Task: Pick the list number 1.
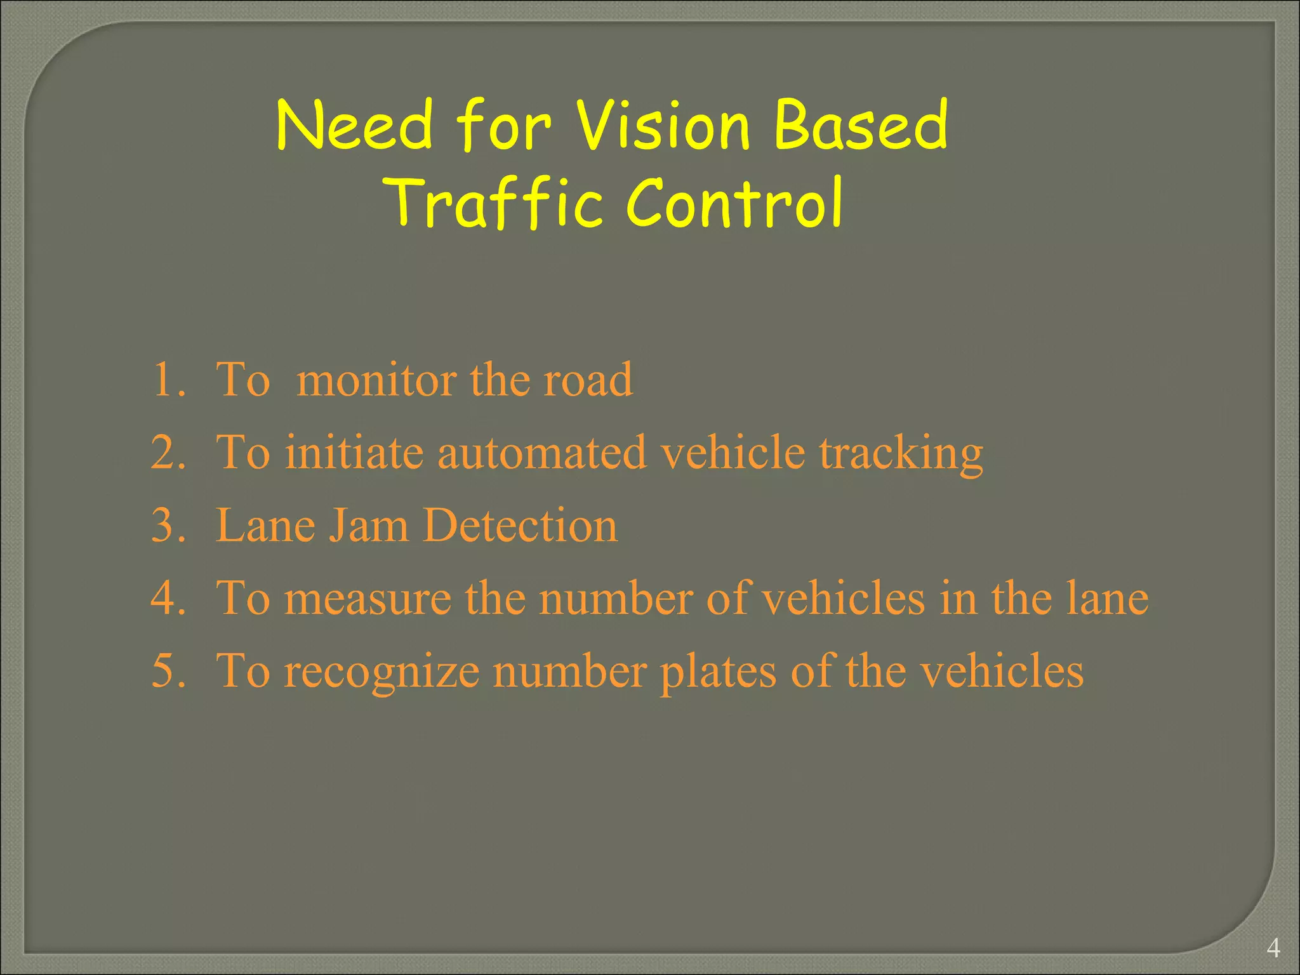tap(168, 380)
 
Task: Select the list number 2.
tap(168, 453)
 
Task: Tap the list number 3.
tap(168, 526)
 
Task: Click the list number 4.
tap(168, 599)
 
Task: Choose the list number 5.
tap(168, 672)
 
